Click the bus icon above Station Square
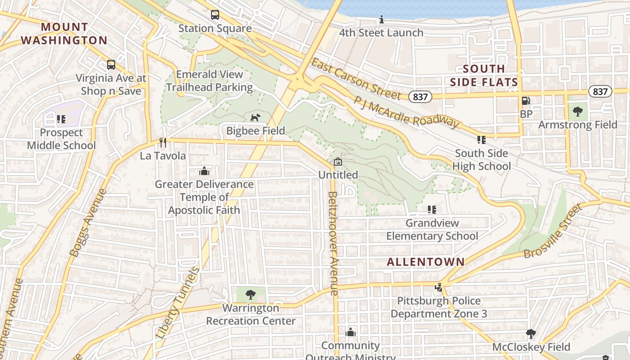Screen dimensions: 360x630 click(x=215, y=15)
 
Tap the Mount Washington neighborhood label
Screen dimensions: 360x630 click(x=64, y=34)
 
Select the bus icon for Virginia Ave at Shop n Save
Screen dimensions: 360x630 click(x=111, y=65)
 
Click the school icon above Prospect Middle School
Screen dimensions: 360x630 click(x=61, y=119)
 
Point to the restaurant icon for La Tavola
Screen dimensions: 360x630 click(x=163, y=143)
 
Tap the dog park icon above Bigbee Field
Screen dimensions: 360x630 click(x=255, y=117)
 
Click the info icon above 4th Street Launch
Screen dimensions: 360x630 click(x=382, y=20)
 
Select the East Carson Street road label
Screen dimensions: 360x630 click(x=355, y=79)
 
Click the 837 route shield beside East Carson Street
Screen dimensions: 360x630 click(x=420, y=96)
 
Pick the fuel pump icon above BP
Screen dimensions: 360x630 click(x=525, y=101)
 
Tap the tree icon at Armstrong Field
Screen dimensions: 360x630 click(x=578, y=111)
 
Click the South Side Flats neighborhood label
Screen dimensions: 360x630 click(x=484, y=76)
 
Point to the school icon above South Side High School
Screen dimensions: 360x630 click(x=481, y=140)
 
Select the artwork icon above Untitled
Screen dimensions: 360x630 click(x=338, y=162)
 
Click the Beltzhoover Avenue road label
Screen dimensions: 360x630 click(x=333, y=243)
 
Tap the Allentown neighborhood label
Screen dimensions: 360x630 click(x=426, y=262)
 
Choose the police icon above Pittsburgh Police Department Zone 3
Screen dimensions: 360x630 click(x=439, y=287)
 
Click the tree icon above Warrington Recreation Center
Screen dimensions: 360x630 click(x=251, y=295)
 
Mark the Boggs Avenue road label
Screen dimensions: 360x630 click(x=89, y=223)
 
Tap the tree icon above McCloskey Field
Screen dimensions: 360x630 click(x=531, y=334)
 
